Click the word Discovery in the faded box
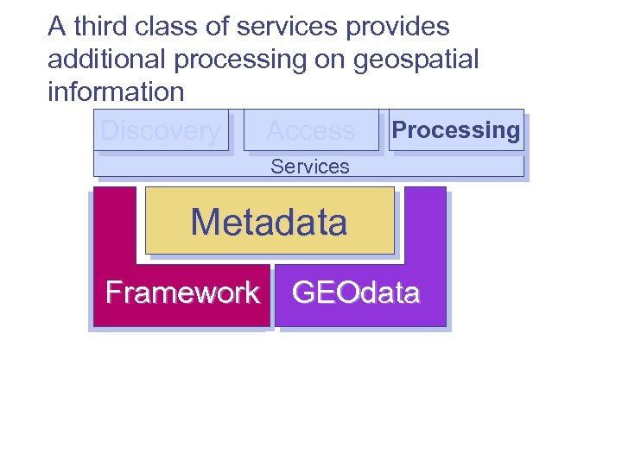pyautogui.click(x=161, y=131)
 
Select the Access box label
pyautogui.click(x=311, y=131)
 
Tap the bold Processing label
pyautogui.click(x=456, y=130)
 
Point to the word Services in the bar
pyautogui.click(x=309, y=167)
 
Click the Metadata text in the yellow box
pyautogui.click(x=269, y=223)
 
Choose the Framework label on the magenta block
pyautogui.click(x=182, y=293)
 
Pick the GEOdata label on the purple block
pyautogui.click(x=356, y=293)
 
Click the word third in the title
pyautogui.click(x=102, y=27)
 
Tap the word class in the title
pyautogui.click(x=171, y=27)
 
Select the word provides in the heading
pyautogui.click(x=397, y=27)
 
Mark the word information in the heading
pyautogui.click(x=116, y=91)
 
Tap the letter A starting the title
pyautogui.click(x=57, y=27)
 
